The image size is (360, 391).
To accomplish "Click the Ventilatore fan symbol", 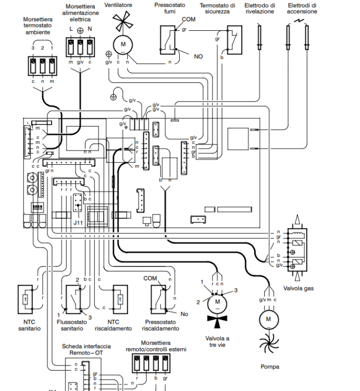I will coord(123,23).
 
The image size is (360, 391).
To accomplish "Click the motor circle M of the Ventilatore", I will coord(123,44).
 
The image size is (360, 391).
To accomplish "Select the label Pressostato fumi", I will coord(167,8).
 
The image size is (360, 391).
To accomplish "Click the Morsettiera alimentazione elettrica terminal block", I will coord(81,47).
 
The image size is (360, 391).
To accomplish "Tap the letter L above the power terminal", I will coord(71,28).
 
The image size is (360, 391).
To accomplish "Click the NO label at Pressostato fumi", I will coord(198,56).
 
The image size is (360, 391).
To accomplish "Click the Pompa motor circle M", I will coord(269,319).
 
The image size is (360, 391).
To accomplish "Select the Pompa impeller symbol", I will coord(269,344).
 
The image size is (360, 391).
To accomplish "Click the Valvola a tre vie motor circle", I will coord(217,301).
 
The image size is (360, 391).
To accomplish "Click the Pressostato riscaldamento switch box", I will coord(159,300).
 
